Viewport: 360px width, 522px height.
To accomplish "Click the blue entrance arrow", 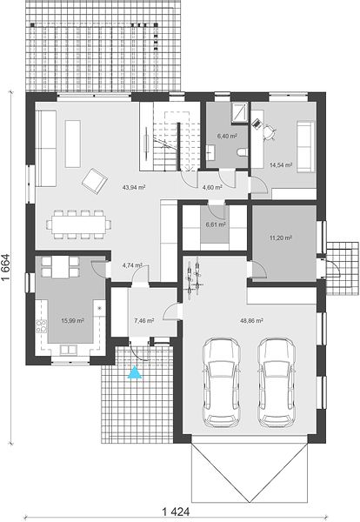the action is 135,372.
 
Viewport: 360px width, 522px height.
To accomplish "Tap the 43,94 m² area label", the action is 134,187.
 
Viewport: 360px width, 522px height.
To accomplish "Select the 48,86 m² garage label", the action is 252,321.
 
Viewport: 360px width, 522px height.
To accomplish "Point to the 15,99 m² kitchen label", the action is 72,320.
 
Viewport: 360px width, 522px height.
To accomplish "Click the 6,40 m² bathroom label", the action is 227,136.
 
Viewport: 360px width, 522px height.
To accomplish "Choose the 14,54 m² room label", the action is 281,164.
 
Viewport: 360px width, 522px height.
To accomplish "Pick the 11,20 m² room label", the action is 281,238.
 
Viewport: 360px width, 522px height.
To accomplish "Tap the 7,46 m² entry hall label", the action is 143,321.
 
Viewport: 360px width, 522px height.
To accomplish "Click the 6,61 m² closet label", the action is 216,224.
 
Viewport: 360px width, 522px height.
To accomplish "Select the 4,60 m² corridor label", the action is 212,187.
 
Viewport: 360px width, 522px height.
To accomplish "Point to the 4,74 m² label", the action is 132,265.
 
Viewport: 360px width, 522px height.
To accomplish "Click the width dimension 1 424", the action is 176,511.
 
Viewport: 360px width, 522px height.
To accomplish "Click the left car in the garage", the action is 222,383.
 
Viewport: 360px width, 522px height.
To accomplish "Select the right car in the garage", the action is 277,383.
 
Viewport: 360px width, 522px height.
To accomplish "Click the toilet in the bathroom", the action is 242,152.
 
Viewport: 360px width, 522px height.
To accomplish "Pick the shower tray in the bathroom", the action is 239,112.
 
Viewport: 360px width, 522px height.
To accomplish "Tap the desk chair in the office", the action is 269,130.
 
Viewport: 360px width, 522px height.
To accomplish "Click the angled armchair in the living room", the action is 95,181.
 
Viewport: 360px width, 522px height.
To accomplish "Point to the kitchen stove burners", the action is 42,326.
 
